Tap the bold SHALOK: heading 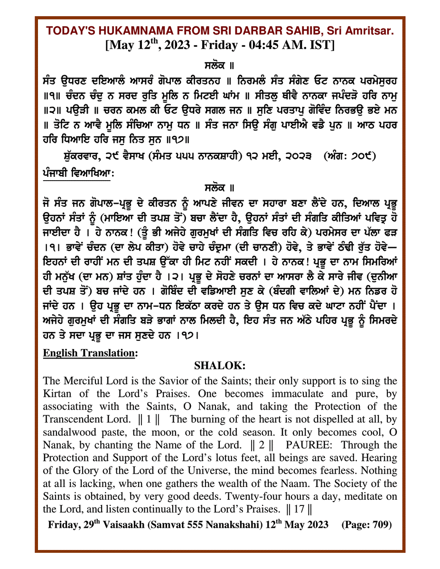[220, 366]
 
